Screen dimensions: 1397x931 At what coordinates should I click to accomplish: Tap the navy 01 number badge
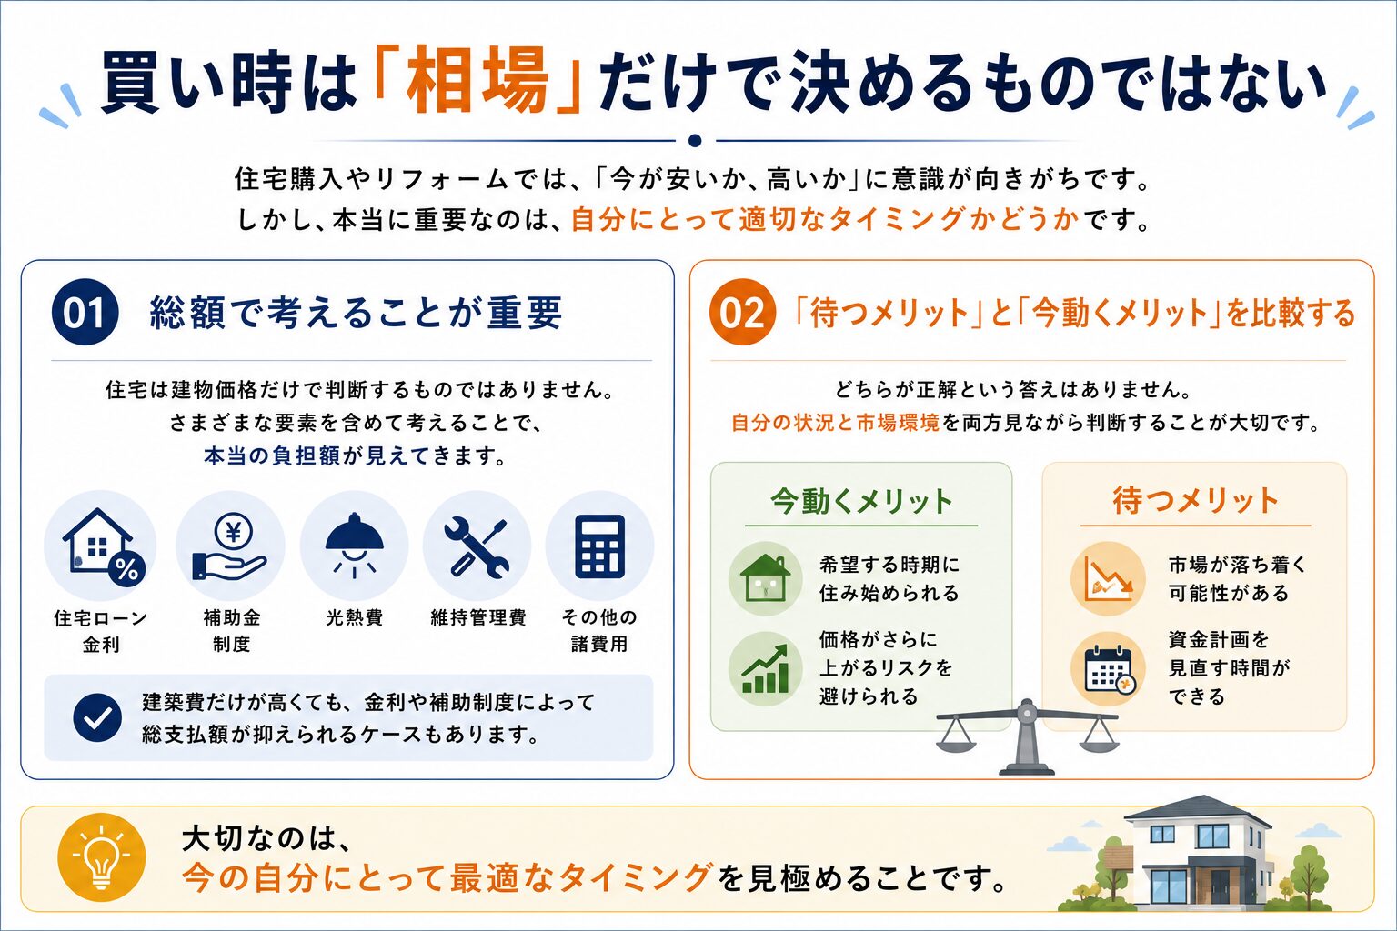pos(85,312)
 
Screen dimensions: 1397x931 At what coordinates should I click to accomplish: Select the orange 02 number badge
pos(742,312)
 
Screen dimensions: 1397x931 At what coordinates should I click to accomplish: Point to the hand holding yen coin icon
pos(230,547)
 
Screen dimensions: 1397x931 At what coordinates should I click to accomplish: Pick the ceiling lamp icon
pos(354,545)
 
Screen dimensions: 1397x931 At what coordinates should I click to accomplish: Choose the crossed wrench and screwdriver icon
pos(477,547)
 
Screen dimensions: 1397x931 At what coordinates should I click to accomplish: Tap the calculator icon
pos(599,547)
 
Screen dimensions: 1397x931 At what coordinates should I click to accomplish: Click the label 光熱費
pos(354,617)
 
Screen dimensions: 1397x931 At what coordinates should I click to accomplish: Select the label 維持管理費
pos(478,617)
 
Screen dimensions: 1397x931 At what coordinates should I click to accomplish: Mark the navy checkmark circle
pos(97,717)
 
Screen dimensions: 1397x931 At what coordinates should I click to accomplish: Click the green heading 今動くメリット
pos(861,501)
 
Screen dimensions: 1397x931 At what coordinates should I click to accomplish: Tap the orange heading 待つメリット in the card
pos(1196,501)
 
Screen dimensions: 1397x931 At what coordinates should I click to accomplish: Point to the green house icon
pos(765,578)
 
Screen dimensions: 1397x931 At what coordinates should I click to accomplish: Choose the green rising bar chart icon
pos(765,669)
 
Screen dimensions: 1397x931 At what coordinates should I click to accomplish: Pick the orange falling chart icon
pos(1109,578)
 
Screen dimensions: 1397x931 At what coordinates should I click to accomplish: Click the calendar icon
pos(1110,670)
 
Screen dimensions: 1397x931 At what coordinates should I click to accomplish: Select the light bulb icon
pos(102,856)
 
